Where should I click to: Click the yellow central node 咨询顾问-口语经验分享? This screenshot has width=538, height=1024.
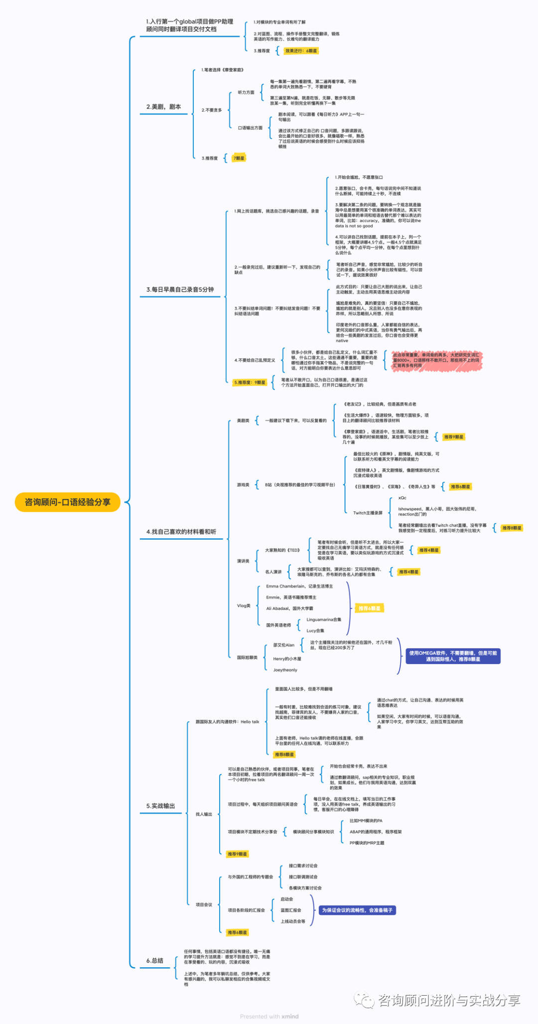(68, 502)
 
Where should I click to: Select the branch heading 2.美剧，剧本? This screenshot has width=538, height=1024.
(163, 107)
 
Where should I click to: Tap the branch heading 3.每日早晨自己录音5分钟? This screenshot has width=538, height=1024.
(180, 289)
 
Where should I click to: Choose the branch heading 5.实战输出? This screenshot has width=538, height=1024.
(160, 806)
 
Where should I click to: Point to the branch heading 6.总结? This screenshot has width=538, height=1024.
(154, 961)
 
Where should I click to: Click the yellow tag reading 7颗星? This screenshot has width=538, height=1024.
(239, 158)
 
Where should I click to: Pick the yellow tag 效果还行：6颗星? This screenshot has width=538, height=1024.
(301, 51)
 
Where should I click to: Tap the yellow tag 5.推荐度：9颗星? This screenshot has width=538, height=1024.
(250, 382)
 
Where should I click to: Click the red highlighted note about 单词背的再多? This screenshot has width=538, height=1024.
(436, 360)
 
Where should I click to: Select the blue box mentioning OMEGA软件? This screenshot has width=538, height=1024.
(453, 656)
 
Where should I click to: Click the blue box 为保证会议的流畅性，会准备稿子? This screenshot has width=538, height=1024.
(357, 910)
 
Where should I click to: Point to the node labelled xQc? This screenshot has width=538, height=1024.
(403, 498)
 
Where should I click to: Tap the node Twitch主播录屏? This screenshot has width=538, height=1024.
(368, 513)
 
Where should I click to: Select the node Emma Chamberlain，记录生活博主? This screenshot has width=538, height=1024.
(299, 586)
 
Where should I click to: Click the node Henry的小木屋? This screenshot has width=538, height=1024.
(287, 659)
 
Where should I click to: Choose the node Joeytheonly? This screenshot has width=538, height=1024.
(285, 670)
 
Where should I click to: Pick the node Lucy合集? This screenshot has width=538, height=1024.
(315, 631)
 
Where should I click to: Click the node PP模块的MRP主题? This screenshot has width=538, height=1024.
(367, 843)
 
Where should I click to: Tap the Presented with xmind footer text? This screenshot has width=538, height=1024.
(269, 1017)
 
